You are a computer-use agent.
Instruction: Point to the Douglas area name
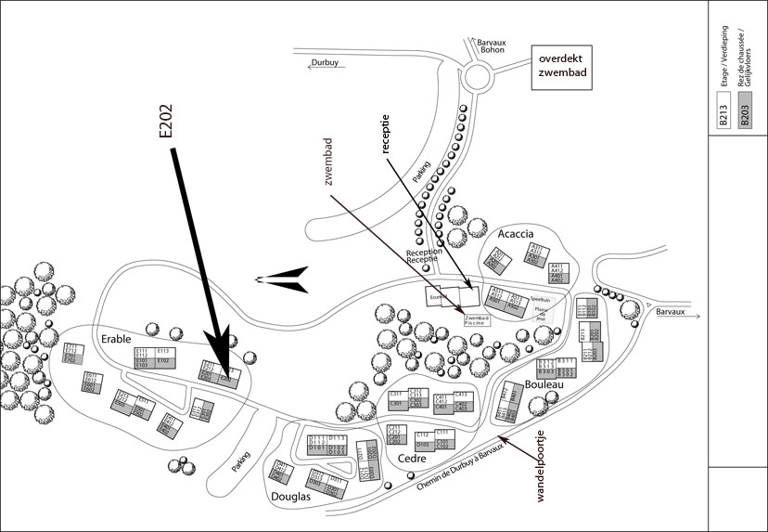(x=289, y=497)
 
